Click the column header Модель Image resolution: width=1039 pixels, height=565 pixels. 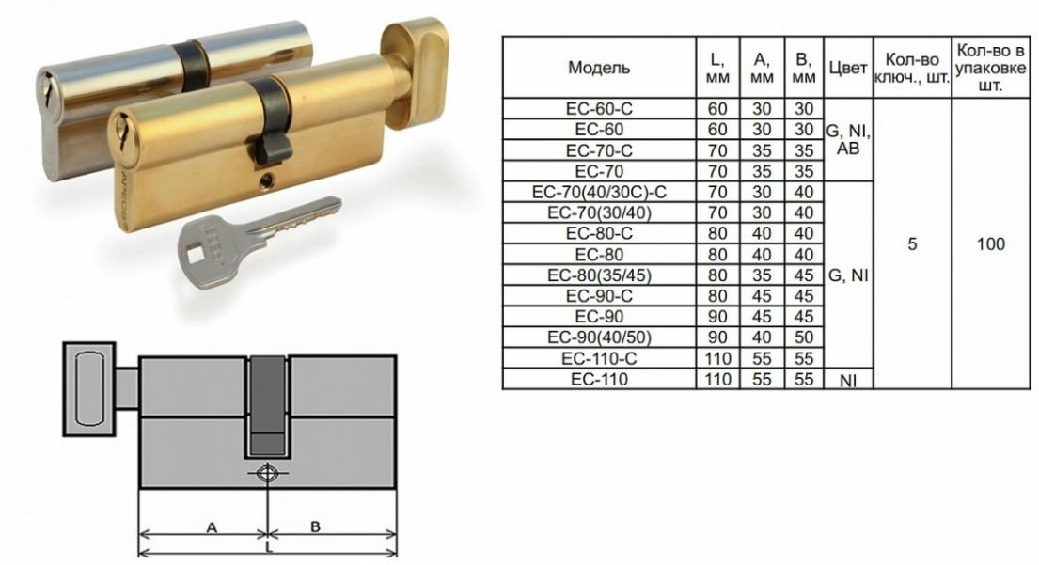click(x=599, y=68)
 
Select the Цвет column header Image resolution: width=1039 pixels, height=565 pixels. click(x=847, y=68)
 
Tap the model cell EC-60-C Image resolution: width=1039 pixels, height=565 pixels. click(x=599, y=109)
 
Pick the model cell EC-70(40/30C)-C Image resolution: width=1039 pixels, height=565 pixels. click(x=599, y=192)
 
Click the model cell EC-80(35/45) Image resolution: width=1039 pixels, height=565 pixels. click(x=599, y=275)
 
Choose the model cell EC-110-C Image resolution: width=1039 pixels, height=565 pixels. click(x=599, y=358)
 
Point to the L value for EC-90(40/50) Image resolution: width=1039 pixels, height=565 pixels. click(x=717, y=337)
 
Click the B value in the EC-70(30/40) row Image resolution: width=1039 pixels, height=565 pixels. click(x=804, y=212)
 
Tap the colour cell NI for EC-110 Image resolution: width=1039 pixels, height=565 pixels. click(x=848, y=381)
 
